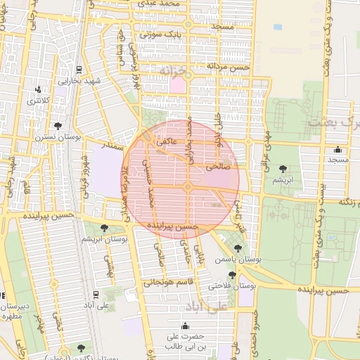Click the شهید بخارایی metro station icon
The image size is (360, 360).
(x=77, y=70)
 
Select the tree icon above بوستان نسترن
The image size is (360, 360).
(x=58, y=124)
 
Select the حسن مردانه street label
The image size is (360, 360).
(x=228, y=65)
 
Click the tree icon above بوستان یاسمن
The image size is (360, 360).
(x=238, y=247)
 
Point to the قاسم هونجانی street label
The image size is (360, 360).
(x=162, y=283)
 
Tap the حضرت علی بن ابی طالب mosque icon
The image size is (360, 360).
(x=185, y=326)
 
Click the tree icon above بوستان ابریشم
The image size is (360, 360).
(x=104, y=227)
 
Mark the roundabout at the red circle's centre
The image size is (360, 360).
(x=188, y=186)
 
